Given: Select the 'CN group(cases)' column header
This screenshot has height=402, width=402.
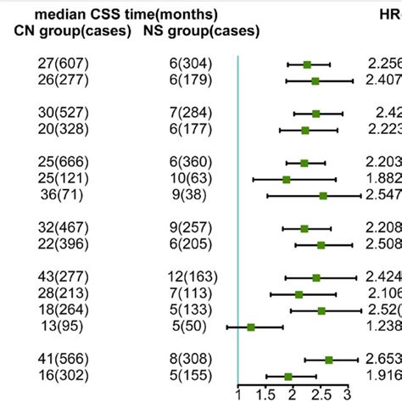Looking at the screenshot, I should (73, 31).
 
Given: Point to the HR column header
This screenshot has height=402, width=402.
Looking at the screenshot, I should (389, 14).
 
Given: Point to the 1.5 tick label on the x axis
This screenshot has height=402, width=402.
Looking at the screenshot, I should (265, 394).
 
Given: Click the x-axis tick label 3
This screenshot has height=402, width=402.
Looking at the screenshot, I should (347, 394).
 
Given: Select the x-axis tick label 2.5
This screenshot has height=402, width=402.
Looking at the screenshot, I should (320, 394).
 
